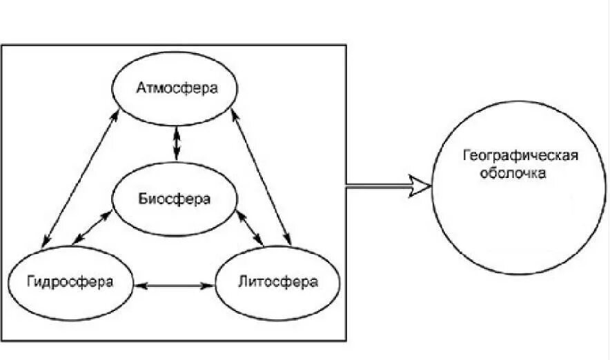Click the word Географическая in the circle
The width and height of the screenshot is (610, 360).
pyautogui.click(x=518, y=154)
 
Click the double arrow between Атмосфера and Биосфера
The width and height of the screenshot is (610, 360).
pyautogui.click(x=177, y=143)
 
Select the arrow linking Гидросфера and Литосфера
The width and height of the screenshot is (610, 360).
pyautogui.click(x=174, y=284)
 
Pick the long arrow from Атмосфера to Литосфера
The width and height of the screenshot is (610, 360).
pyautogui.click(x=264, y=182)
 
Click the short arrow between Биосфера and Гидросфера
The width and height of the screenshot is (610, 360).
pyautogui.click(x=92, y=227)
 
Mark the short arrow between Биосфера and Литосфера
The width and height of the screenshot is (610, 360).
pyautogui.click(x=250, y=227)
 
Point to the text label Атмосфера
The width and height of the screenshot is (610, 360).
pyautogui.click(x=176, y=88)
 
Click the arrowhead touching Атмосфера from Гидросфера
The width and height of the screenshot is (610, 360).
pyautogui.click(x=114, y=122)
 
